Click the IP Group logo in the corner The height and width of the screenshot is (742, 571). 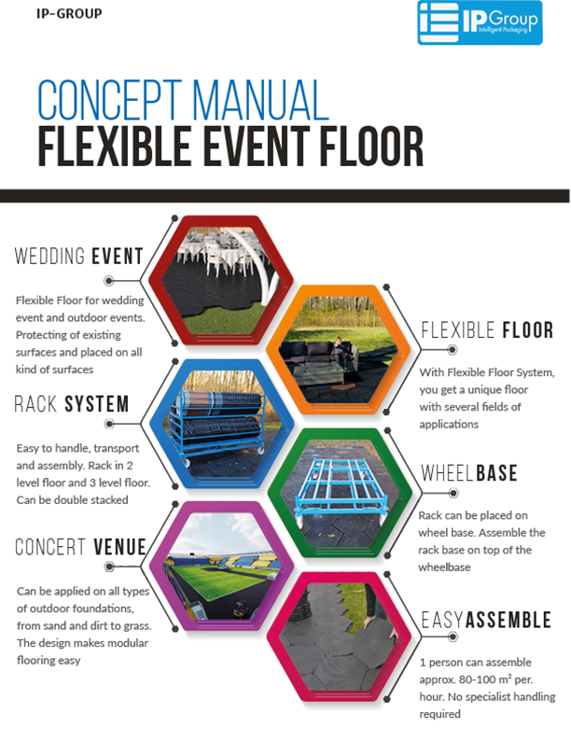[480, 22]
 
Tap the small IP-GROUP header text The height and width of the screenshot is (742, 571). [69, 14]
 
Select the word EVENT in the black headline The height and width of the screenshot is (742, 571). [257, 146]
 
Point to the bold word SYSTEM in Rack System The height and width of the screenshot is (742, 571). [97, 404]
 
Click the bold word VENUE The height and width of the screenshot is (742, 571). [119, 547]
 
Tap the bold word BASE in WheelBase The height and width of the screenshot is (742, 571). [496, 473]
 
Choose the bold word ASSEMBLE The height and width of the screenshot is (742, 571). [508, 620]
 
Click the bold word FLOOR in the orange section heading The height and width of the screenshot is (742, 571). [527, 330]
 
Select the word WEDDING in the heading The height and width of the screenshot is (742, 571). [49, 256]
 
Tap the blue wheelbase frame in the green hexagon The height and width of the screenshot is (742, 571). [341, 486]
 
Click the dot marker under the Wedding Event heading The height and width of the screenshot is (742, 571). [109, 281]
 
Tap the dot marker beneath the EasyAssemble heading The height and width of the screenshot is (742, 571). [453, 637]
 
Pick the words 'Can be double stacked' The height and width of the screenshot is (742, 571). [73, 499]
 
